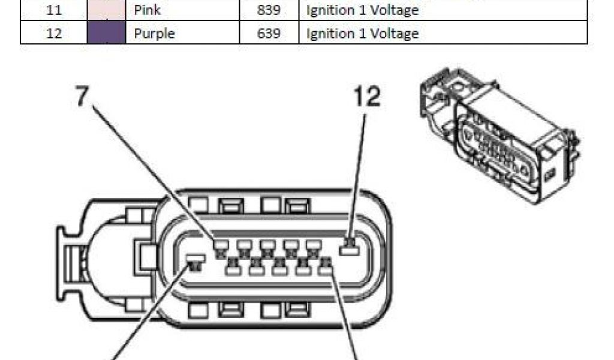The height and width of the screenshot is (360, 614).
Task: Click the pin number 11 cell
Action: coord(54,10)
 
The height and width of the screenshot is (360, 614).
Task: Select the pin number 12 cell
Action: coord(54,34)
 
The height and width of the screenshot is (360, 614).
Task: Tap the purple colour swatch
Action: coord(106,33)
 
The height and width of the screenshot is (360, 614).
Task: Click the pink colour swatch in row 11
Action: coord(106,10)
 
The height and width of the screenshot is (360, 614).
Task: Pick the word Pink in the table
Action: coord(148,10)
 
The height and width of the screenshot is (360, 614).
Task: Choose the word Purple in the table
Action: coord(154,34)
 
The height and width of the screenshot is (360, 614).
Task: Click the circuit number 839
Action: coord(269,10)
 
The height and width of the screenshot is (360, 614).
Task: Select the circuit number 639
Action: coord(269,34)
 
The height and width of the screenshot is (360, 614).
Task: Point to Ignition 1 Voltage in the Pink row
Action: coord(362,10)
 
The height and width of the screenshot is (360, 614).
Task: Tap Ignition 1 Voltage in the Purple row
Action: coord(362,34)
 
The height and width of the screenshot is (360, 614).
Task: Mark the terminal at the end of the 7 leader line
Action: coord(221,245)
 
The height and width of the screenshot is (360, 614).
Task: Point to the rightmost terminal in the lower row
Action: coord(326,268)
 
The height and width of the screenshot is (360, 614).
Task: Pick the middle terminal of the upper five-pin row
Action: coord(267,245)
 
